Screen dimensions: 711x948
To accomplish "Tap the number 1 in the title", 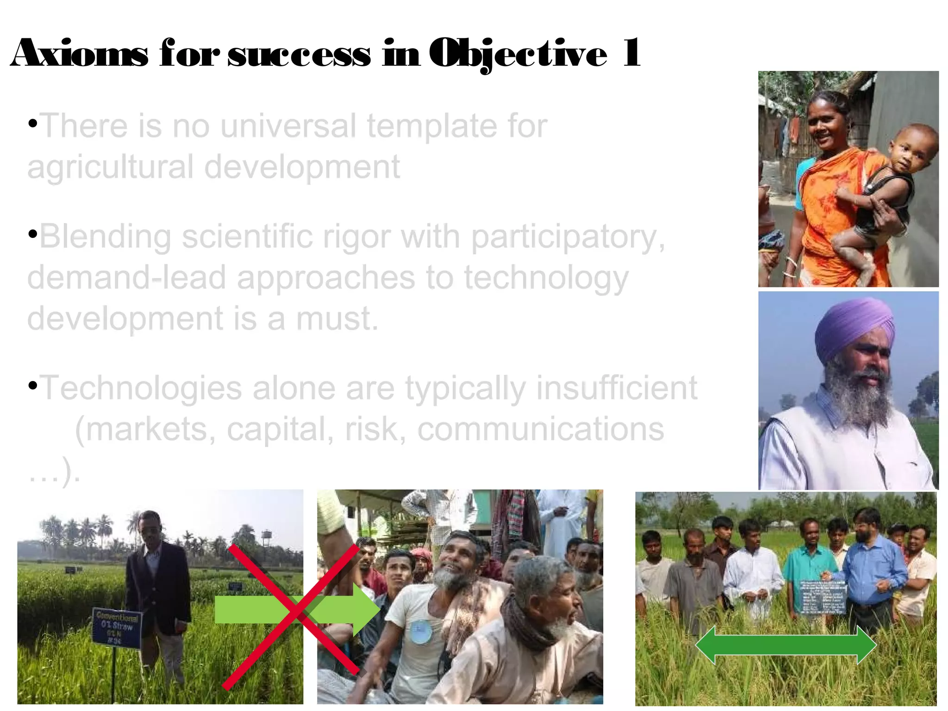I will (x=631, y=53).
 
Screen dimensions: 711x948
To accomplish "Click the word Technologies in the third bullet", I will (x=141, y=388).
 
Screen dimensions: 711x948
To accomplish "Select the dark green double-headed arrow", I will (x=786, y=645).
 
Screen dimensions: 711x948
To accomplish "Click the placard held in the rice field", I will (x=823, y=598).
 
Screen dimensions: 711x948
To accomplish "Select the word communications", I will (x=540, y=429).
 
